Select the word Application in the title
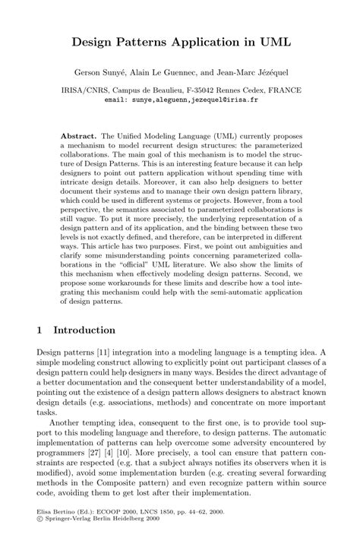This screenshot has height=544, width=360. point(188,45)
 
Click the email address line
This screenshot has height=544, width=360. point(180,99)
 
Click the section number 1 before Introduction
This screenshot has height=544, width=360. point(41,331)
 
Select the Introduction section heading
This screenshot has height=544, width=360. point(84,331)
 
